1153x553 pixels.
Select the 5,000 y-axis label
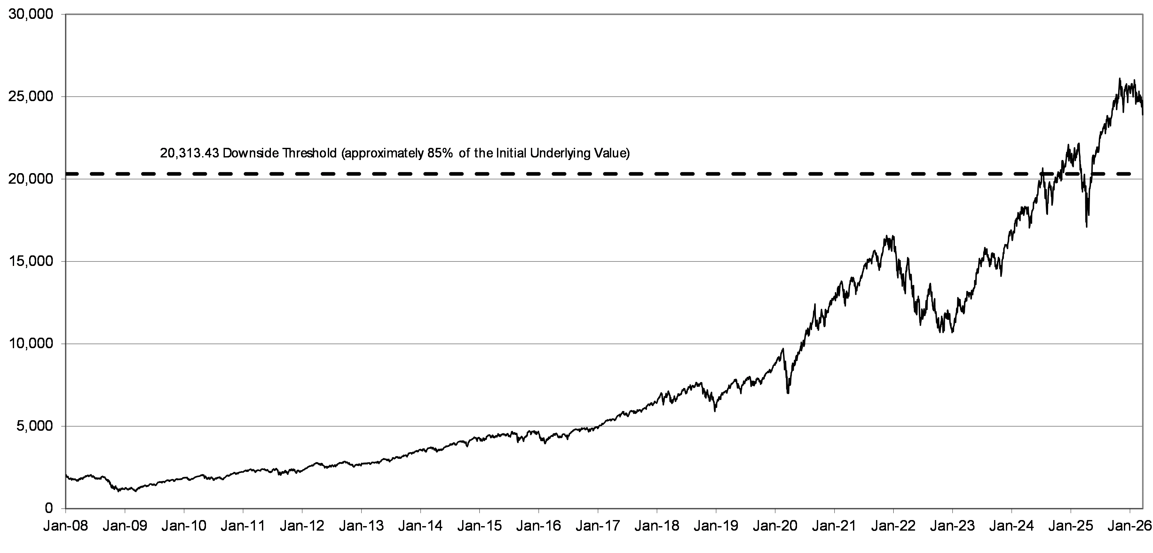coord(35,426)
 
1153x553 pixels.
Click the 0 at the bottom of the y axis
coord(50,509)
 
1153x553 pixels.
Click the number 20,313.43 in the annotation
coord(189,154)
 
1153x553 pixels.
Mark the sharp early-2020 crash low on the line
coord(788,393)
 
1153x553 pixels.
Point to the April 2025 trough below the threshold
coord(1086,227)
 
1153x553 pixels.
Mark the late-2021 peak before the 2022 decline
coord(887,236)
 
